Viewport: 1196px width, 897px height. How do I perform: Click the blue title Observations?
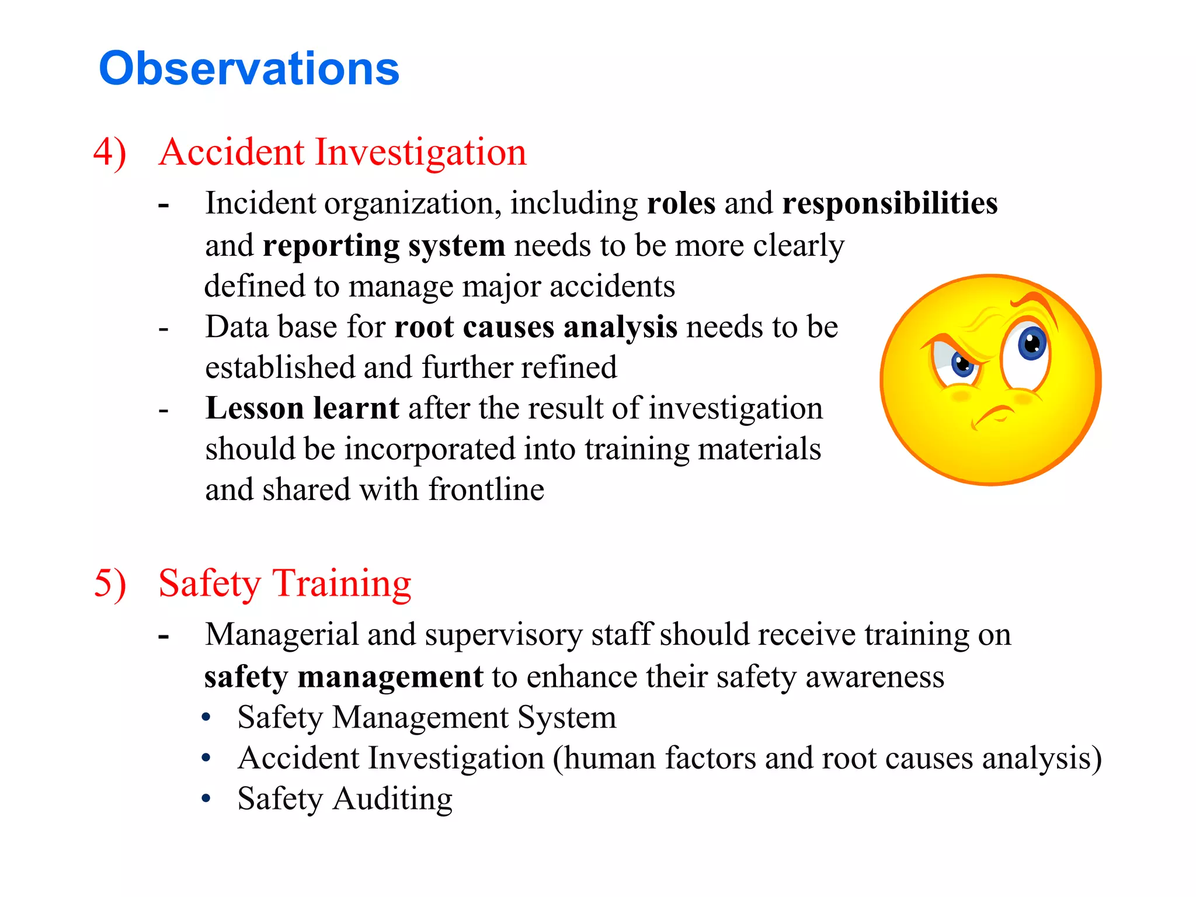click(249, 69)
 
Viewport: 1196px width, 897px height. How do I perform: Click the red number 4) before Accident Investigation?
click(110, 152)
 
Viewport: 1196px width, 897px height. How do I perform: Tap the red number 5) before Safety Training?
click(110, 583)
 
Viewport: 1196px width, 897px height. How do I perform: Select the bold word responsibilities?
click(889, 203)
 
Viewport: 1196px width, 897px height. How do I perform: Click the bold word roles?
click(681, 203)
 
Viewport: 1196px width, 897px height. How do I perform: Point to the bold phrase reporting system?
click(384, 245)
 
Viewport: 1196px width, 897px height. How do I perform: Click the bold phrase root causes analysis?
click(536, 326)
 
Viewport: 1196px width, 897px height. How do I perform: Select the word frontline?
click(486, 489)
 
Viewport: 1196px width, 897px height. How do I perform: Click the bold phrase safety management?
click(343, 677)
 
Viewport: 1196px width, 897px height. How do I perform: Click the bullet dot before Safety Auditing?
click(206, 798)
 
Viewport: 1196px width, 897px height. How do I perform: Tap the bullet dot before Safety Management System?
click(206, 717)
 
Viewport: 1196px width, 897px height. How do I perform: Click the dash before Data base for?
click(164, 328)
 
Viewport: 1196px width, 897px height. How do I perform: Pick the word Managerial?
click(281, 635)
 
